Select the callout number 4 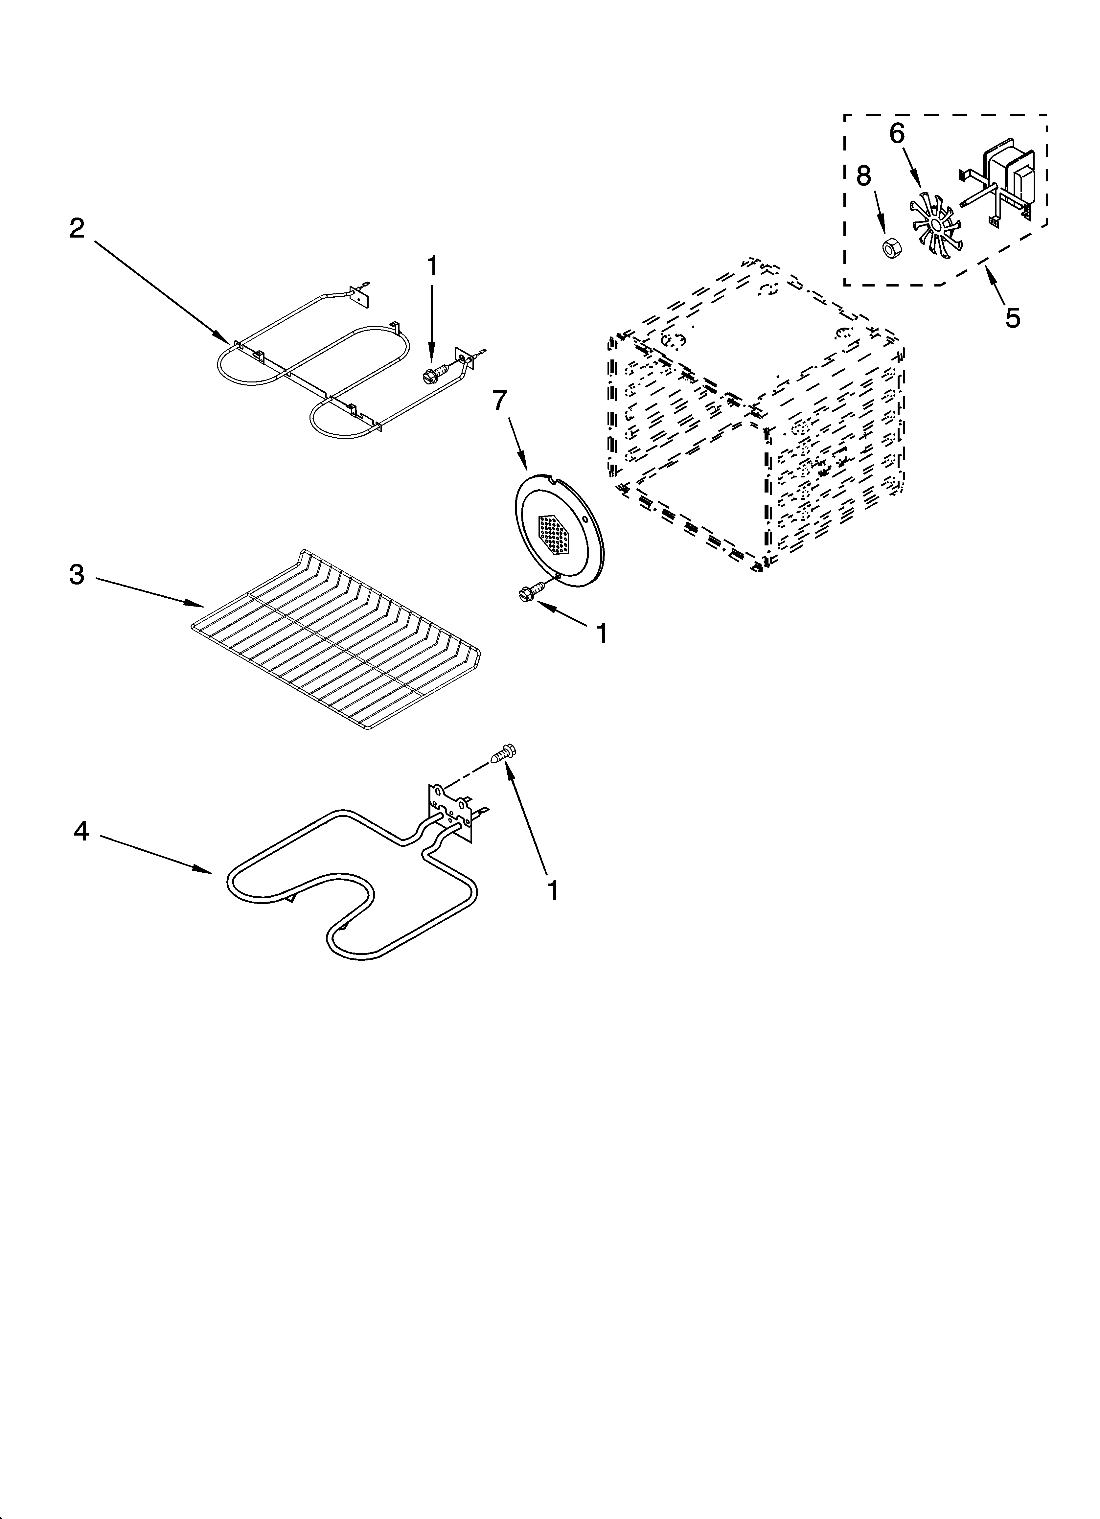coord(81,832)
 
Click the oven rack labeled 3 coord(335,640)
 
